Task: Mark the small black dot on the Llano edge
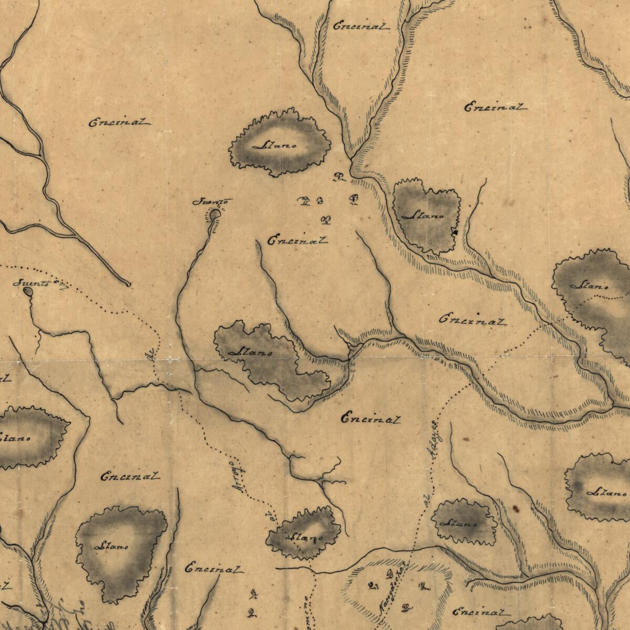click(456, 232)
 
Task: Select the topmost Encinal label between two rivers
click(362, 26)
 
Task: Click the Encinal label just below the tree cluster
click(298, 241)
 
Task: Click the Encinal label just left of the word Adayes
click(371, 419)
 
